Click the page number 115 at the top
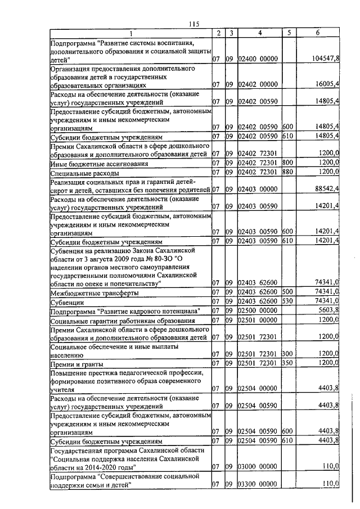click(x=195, y=23)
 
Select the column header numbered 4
click(x=260, y=33)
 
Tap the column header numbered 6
click(x=318, y=33)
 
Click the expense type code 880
click(x=287, y=172)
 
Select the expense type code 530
click(x=287, y=301)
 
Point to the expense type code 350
click(x=287, y=363)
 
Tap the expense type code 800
click(x=287, y=164)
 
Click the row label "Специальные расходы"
click(x=82, y=173)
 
